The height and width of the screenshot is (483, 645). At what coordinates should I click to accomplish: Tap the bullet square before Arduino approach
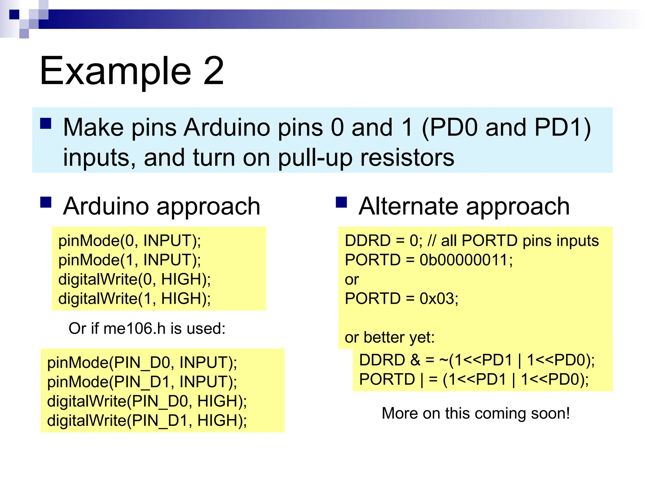(46, 203)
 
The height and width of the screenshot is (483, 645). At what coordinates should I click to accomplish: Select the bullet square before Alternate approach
(341, 203)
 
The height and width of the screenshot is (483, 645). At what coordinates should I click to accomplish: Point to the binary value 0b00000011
(466, 260)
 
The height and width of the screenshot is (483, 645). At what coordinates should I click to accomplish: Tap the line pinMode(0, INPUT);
(129, 241)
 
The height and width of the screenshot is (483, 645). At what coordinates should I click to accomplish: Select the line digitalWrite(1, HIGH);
(134, 299)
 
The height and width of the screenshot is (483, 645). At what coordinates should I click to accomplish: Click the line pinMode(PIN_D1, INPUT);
(142, 382)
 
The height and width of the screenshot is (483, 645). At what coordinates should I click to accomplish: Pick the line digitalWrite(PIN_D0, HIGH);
(147, 401)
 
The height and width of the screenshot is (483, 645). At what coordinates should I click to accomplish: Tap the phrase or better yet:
(390, 337)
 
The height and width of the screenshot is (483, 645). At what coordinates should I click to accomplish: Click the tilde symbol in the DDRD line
(443, 360)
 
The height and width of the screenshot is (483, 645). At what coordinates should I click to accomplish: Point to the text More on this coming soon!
(476, 413)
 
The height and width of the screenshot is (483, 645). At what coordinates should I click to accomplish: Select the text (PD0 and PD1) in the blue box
(506, 128)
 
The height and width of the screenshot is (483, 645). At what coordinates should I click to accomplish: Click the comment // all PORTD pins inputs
(513, 241)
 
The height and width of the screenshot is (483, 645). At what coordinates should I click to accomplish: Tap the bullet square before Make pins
(46, 124)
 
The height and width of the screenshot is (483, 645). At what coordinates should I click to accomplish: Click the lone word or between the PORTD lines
(352, 280)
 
